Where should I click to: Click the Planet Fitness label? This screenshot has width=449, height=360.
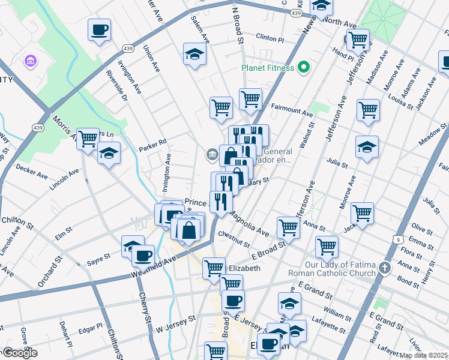[x=268, y=67]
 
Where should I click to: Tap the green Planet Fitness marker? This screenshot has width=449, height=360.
[x=303, y=67]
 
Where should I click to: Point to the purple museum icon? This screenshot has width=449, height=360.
[x=29, y=61]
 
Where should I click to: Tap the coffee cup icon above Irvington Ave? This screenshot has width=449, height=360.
[x=99, y=29]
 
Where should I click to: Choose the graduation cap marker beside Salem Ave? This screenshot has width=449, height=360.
[x=194, y=55]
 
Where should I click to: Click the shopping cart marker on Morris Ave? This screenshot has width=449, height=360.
[x=88, y=139]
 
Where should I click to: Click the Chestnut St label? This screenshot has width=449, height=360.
[x=234, y=239]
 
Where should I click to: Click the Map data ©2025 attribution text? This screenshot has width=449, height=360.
[x=424, y=355]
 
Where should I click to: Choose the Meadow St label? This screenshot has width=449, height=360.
[x=434, y=134]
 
